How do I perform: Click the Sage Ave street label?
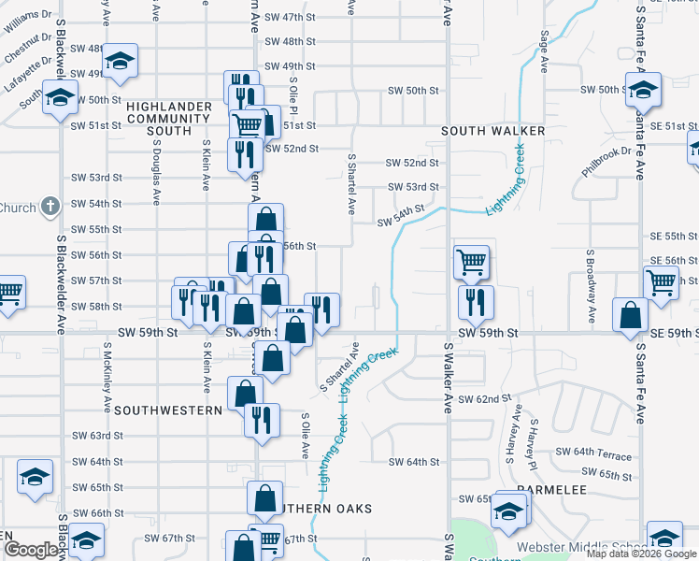coord(543,52)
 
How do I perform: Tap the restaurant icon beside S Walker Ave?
coord(476,300)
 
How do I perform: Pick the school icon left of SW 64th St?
coord(35,478)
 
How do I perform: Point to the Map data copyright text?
coord(641,554)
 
